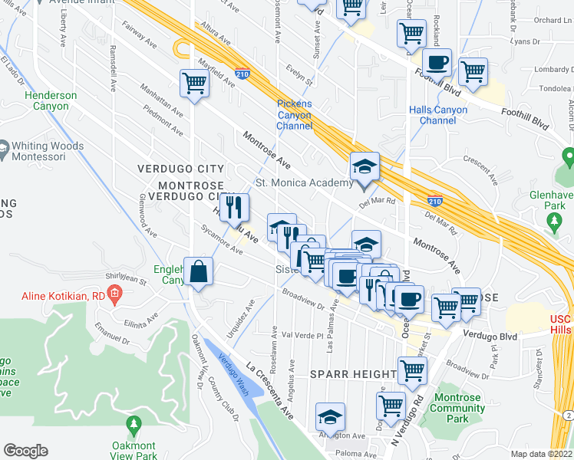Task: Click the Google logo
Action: coord(25,451)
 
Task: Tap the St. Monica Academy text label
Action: coord(304,183)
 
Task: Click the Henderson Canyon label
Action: coord(51,100)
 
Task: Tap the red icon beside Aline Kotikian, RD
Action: coord(114,291)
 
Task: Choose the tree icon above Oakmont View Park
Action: coord(134,424)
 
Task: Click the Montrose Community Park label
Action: coord(457,408)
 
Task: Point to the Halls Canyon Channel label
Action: coord(437,115)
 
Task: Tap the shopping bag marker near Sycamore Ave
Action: coord(198,272)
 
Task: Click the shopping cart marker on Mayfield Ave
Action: coord(194,83)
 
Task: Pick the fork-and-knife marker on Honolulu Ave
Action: coord(235,206)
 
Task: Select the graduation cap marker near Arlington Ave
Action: coord(330,416)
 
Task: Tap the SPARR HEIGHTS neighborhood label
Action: coord(353,373)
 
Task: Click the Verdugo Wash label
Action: coord(229,368)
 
